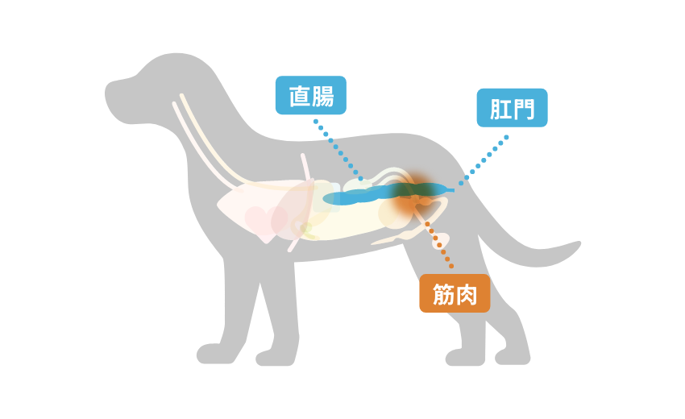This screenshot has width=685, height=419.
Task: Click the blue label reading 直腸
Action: tap(310, 95)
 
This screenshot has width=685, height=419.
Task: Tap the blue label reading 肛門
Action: tap(512, 108)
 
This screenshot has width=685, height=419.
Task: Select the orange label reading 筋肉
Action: tap(455, 293)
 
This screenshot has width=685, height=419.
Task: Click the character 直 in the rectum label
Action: tap(300, 96)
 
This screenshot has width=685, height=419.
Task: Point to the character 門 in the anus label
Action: tap(524, 109)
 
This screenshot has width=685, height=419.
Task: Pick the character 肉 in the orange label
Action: tap(467, 294)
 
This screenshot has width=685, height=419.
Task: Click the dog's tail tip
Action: tap(579, 244)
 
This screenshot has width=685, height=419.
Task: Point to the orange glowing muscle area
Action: tap(413, 197)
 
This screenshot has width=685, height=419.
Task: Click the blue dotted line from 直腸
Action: tap(338, 150)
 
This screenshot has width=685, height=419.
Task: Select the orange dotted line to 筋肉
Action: tap(438, 244)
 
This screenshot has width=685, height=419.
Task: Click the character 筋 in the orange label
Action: tap(443, 294)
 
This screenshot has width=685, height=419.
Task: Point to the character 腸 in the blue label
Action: tap(323, 96)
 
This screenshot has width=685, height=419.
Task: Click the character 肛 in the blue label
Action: tap(500, 109)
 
